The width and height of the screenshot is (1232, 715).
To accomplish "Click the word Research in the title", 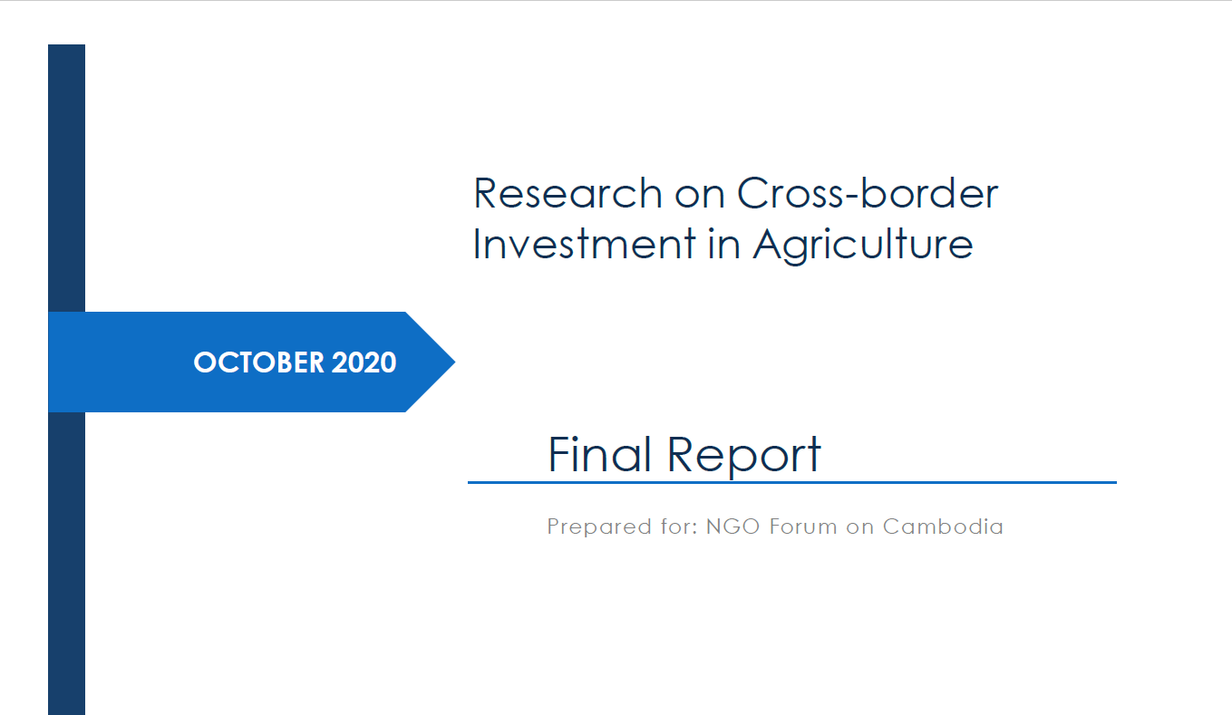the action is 567,194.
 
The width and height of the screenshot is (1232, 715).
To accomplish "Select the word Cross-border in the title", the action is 868,193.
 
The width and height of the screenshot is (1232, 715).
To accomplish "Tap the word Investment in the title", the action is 584,244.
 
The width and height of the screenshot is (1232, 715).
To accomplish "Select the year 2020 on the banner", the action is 364,362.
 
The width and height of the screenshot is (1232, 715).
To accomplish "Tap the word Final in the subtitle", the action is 600,454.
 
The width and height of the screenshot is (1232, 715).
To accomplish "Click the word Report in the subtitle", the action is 744,456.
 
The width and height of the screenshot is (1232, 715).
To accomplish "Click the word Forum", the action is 803,527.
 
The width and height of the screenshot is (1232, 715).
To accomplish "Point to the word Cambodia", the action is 943,527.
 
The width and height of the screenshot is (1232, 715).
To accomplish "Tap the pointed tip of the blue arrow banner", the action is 455,362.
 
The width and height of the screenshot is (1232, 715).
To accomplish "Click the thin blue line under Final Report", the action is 792,482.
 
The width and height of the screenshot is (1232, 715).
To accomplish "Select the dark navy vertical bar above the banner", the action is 66,179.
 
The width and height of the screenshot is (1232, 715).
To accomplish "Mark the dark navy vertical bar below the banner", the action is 66,563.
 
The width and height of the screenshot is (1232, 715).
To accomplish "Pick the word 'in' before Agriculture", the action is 723,244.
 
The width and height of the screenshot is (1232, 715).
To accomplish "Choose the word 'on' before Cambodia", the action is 859,528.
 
